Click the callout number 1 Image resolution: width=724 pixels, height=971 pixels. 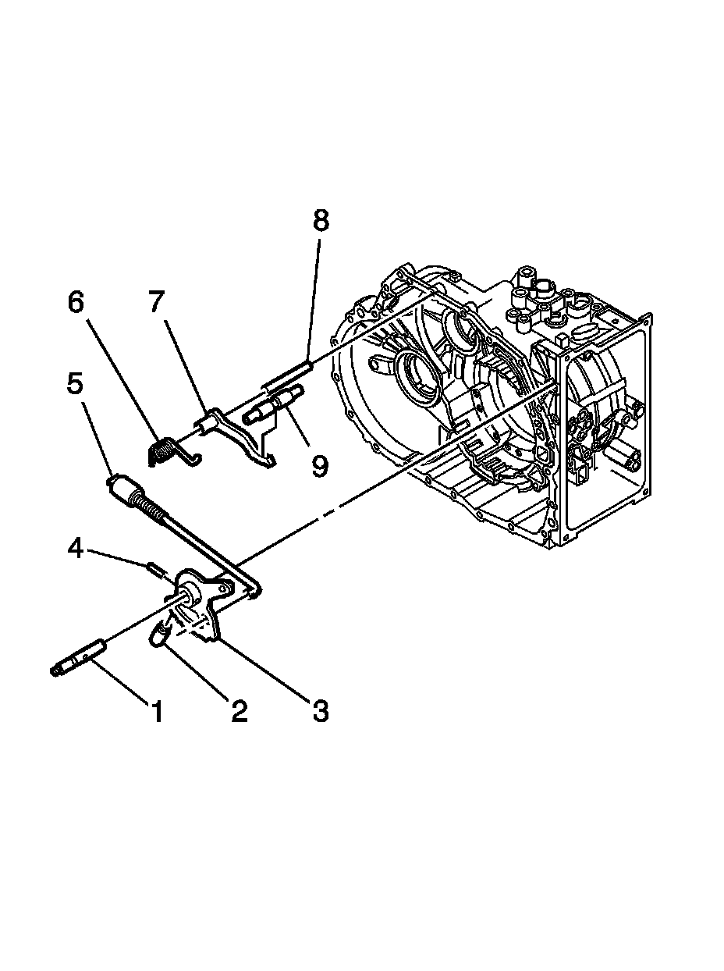click(157, 711)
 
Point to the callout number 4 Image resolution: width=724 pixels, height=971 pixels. click(76, 548)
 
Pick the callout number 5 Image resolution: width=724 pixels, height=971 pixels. click(75, 385)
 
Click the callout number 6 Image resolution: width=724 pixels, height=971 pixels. click(76, 303)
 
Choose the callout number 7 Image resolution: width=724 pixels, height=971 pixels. click(156, 303)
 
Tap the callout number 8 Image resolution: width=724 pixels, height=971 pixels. click(320, 221)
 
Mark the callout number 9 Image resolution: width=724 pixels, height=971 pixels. click(318, 466)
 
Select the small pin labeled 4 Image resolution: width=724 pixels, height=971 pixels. click(154, 567)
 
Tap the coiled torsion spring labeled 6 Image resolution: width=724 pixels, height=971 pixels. click(163, 451)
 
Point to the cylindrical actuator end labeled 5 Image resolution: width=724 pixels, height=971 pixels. click(122, 490)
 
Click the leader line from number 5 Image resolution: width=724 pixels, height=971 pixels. click(98, 438)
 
